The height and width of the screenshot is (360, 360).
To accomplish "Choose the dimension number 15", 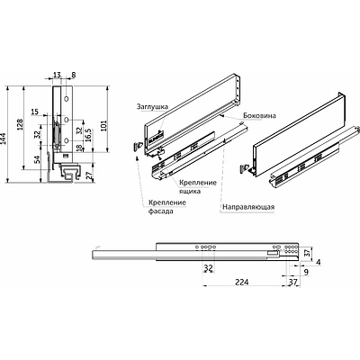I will [34, 112].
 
